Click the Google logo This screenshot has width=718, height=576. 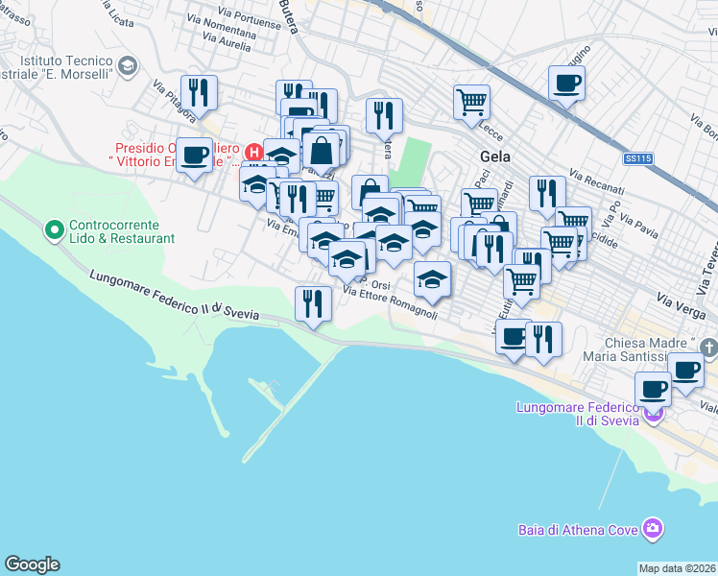point(32,564)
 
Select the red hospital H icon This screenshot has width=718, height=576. point(253,151)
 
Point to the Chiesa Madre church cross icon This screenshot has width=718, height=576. point(708,347)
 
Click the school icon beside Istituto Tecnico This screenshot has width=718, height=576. point(130,65)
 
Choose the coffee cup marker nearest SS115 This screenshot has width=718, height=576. point(566,84)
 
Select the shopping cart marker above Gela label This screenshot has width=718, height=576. point(471,101)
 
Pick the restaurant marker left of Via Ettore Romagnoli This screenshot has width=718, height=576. point(313,303)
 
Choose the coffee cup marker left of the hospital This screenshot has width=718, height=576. point(195,155)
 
